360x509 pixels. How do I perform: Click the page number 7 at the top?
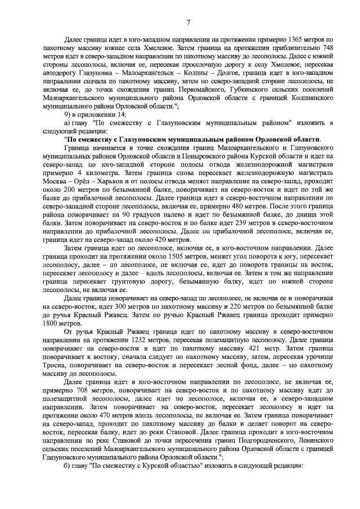point(188,22)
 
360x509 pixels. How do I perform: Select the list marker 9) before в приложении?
point(69,113)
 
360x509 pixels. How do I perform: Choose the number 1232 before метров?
point(141,341)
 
